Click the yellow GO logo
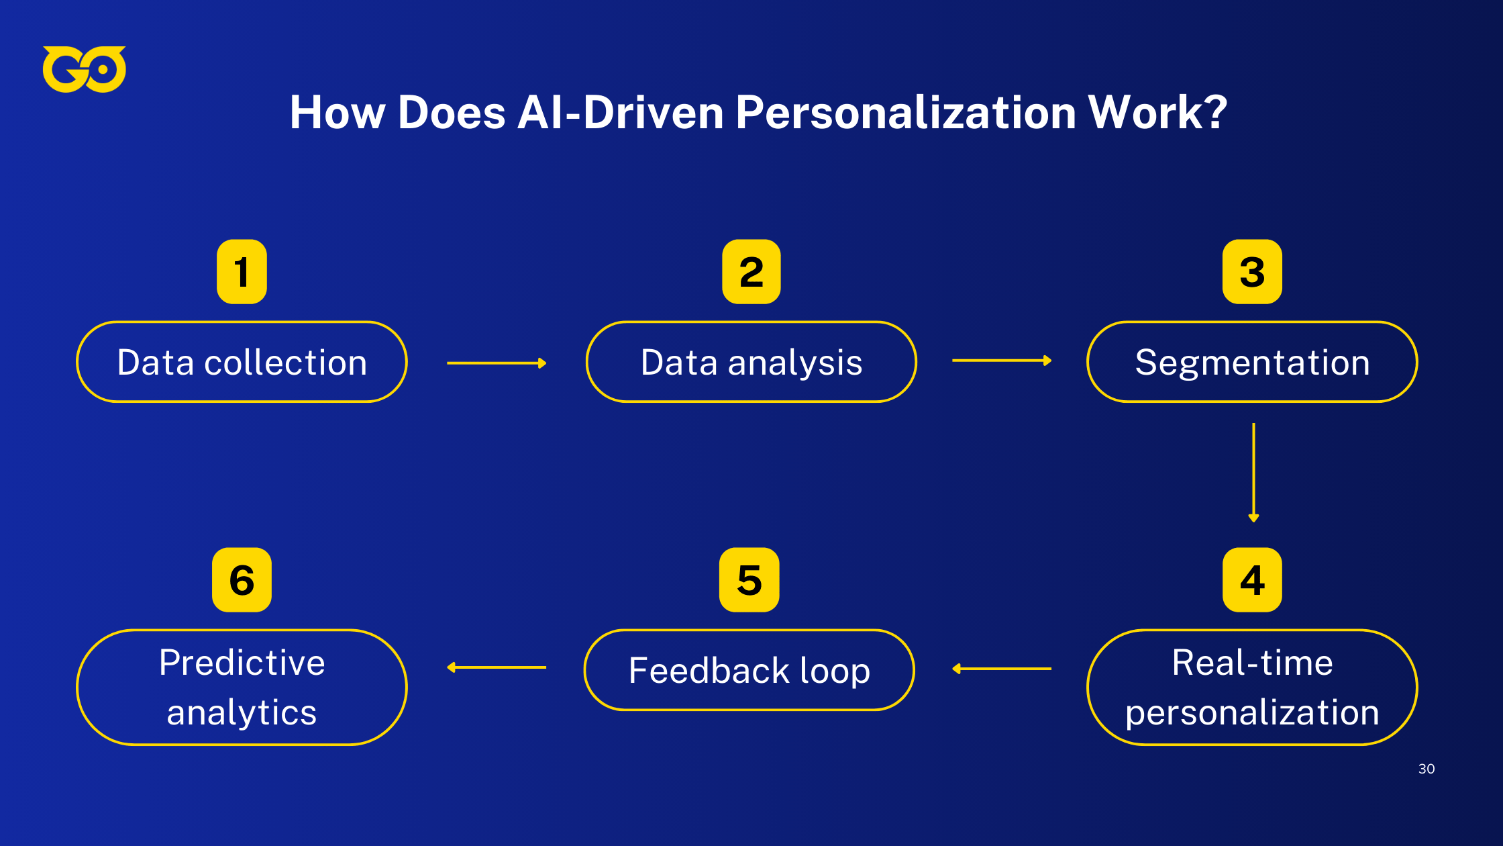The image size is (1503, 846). coord(84,69)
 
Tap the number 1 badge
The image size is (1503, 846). coord(242,272)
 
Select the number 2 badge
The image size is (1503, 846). coord(751,272)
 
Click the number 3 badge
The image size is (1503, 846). coord(1252,272)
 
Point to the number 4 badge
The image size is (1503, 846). coord(1252,580)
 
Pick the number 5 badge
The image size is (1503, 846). coord(749,580)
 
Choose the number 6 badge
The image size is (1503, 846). coord(242,580)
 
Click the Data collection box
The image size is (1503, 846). coord(242,363)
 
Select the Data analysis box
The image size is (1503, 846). coord(751,363)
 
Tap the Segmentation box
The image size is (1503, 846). coord(1252,363)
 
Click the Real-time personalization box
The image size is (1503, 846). coord(1252,688)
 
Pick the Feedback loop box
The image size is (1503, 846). coord(749,670)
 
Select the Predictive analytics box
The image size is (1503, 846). coord(242,688)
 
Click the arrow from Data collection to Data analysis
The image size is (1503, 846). coord(497,363)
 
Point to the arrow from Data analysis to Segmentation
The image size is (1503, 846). coord(1002,361)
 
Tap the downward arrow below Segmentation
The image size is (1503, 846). coord(1253,473)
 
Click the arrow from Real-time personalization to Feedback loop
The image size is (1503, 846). coord(1002,669)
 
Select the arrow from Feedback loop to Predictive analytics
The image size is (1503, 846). coord(497,667)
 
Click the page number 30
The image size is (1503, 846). coord(1427,769)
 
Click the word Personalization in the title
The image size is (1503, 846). coord(906,113)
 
